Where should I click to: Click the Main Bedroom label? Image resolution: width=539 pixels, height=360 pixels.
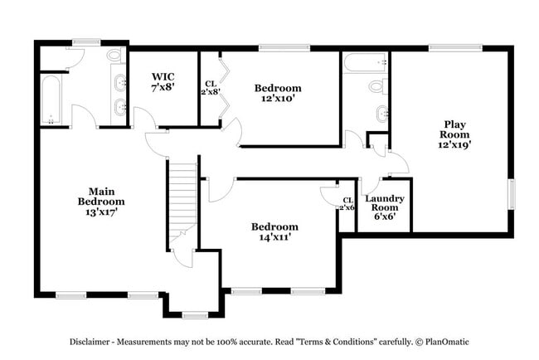coord(101,196)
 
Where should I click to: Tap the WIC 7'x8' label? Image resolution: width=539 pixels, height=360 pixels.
coord(163,81)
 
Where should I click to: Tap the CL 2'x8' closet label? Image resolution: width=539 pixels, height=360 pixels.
coord(211,87)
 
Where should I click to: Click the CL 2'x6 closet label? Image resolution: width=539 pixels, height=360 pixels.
coord(347,203)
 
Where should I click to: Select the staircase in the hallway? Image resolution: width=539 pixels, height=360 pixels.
coord(182,199)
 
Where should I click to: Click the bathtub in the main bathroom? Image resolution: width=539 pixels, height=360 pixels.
coord(51,100)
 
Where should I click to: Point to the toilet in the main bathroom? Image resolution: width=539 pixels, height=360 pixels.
coord(114,56)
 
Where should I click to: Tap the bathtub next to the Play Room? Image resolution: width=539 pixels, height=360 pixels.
coord(365,61)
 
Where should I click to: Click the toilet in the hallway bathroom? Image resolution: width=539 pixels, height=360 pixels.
coord(376,85)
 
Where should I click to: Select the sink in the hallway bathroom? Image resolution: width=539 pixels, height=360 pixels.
coord(381,114)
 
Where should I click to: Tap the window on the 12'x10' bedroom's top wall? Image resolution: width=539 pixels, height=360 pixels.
coord(273,48)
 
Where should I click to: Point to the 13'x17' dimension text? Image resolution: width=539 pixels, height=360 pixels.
coord(101,212)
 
